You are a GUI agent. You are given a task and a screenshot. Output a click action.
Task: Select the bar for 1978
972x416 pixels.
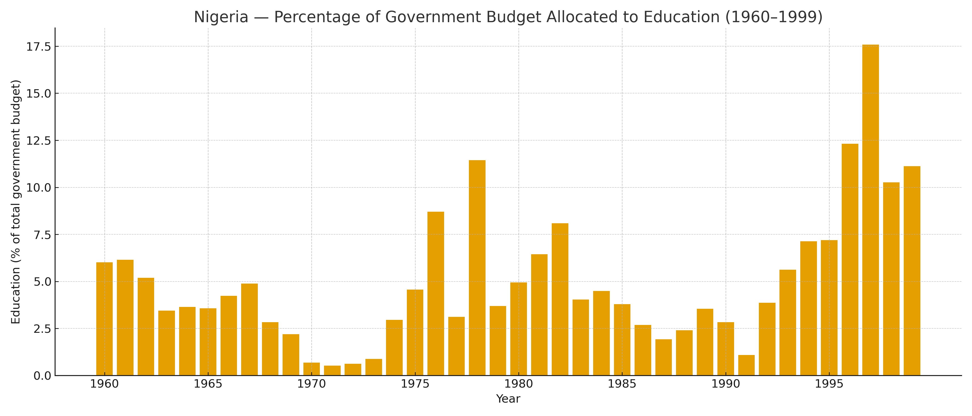tap(477, 268)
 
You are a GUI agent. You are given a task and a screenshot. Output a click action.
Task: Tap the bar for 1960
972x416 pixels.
tap(105, 319)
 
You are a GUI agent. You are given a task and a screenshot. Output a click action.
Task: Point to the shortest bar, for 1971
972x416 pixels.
tap(332, 370)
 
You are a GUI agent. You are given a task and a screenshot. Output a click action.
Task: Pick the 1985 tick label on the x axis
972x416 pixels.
tap(622, 384)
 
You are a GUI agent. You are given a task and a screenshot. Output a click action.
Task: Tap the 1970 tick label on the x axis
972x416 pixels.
tap(311, 384)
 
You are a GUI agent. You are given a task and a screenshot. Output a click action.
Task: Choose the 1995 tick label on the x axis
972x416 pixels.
tap(829, 384)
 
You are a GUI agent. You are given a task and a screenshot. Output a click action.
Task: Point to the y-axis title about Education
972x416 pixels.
tap(16, 202)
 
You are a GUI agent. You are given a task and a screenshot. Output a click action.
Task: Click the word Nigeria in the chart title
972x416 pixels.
tap(221, 17)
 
